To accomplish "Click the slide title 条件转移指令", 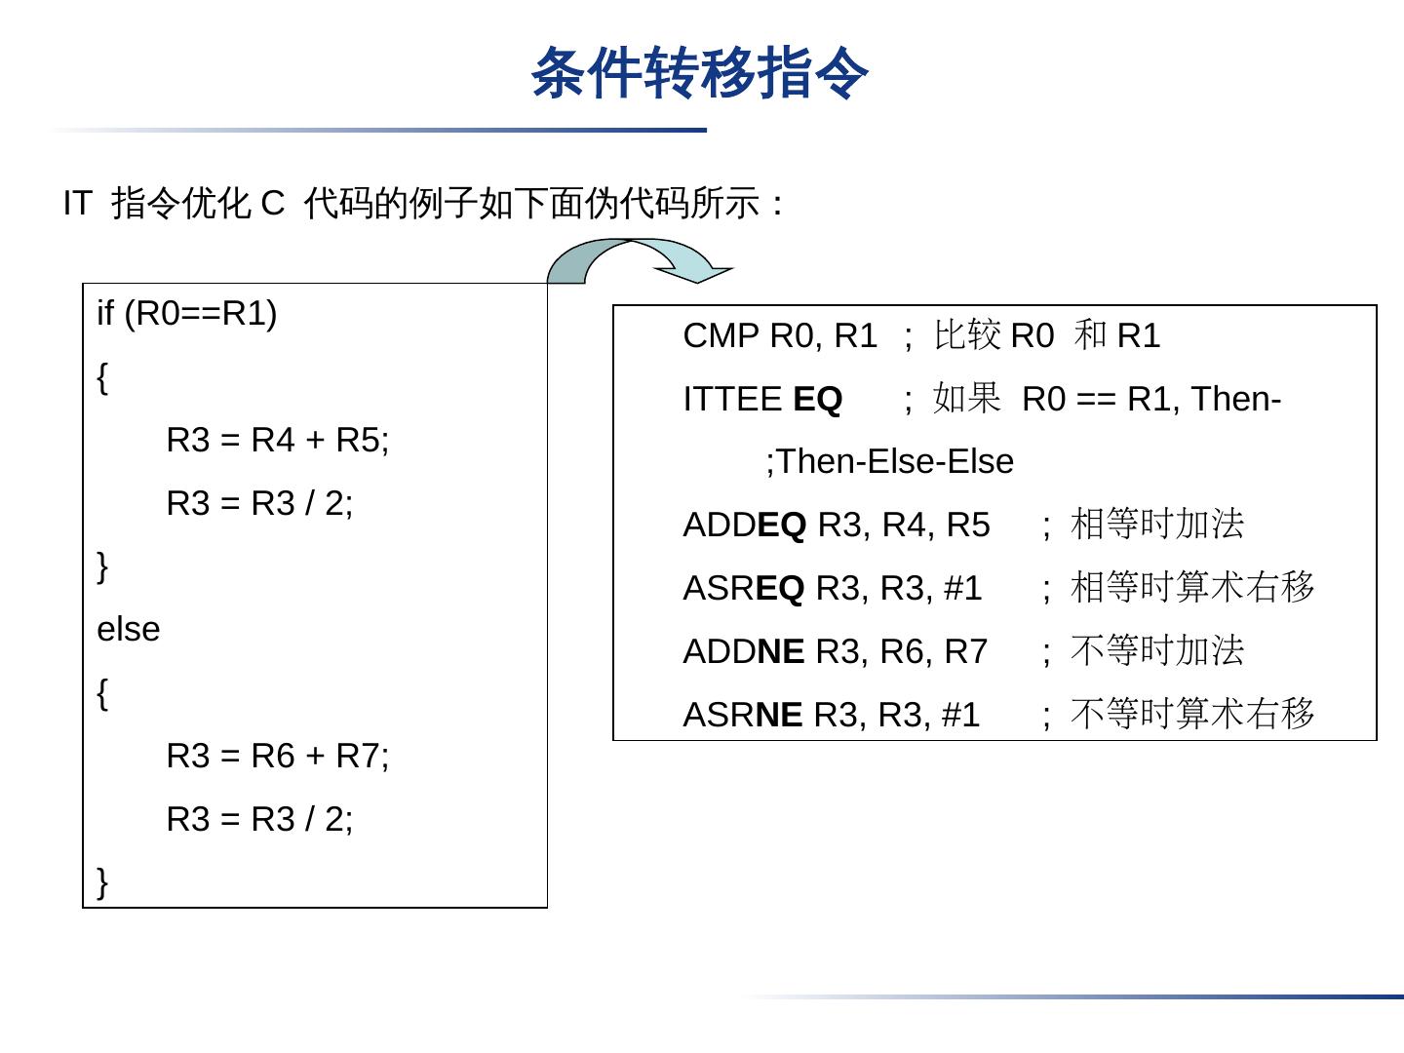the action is coord(699,73).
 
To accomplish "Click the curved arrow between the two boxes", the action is coord(639,259).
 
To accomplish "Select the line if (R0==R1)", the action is coord(187,314).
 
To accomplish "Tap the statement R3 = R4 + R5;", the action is coord(278,441).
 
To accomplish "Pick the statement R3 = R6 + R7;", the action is coord(278,756).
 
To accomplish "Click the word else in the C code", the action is coord(128,630).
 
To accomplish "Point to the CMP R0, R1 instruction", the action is coord(780,336).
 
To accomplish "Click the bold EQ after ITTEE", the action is coord(817,400).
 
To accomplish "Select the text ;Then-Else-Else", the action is coord(889,462).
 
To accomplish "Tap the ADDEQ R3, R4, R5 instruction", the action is coord(837,526).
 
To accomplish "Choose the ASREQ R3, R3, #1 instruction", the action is coord(833,589).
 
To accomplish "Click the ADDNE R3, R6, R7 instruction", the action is coord(836,651).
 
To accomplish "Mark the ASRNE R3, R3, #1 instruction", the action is coord(832,715).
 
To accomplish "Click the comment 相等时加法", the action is coord(1157,525).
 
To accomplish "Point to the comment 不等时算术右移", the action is coord(1192,714).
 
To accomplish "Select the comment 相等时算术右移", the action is coord(1192,588).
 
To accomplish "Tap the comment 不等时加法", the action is coord(1157,650).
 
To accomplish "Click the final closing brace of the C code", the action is coord(102,881).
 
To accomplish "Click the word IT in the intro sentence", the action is coord(77,204).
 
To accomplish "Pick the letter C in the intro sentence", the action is coord(272,204).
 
